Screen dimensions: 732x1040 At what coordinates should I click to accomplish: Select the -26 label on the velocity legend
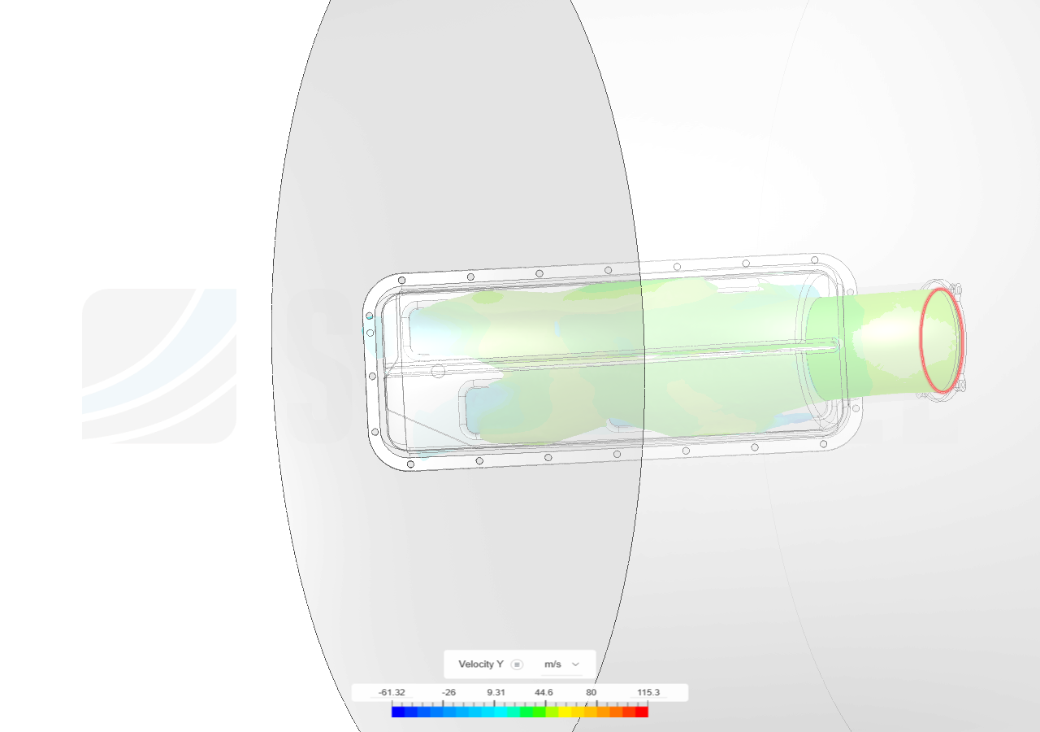pyautogui.click(x=448, y=692)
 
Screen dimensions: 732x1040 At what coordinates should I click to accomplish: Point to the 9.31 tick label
pyautogui.click(x=496, y=692)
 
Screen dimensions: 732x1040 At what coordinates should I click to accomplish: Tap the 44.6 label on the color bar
pyautogui.click(x=544, y=692)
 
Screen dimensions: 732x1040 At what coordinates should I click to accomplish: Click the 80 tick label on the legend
pyautogui.click(x=591, y=692)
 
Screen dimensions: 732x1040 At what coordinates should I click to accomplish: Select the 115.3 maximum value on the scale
pyautogui.click(x=648, y=692)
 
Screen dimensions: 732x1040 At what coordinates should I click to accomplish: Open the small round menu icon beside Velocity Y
pyautogui.click(x=518, y=664)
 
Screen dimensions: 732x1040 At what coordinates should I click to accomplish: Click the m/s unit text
pyautogui.click(x=552, y=664)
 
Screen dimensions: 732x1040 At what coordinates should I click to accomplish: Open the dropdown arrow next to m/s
pyautogui.click(x=576, y=664)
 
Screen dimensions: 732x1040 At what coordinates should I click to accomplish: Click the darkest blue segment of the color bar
pyautogui.click(x=398, y=712)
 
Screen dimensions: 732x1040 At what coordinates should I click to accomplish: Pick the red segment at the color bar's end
pyautogui.click(x=642, y=712)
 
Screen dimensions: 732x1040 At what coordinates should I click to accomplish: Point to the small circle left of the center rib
pyautogui.click(x=438, y=372)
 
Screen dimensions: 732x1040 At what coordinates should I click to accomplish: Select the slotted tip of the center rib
pyautogui.click(x=832, y=346)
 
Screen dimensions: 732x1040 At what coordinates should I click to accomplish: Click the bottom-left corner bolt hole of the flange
pyautogui.click(x=410, y=464)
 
